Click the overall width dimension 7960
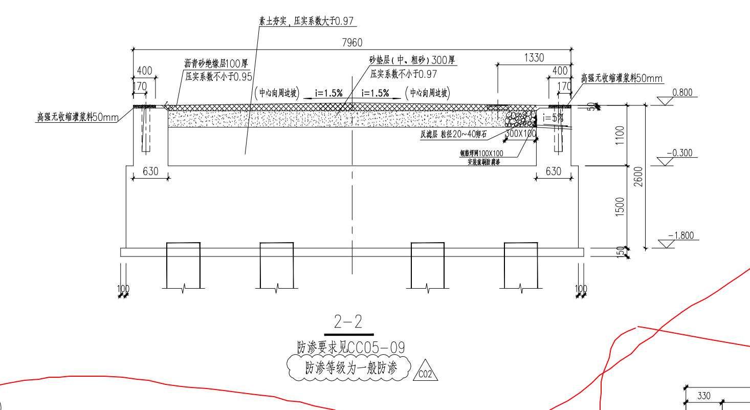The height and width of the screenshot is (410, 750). [351, 43]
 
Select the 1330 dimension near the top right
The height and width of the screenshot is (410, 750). [534, 58]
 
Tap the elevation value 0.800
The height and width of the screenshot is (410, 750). [682, 93]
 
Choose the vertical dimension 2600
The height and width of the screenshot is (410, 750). [638, 177]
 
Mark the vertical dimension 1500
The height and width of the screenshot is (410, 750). [621, 207]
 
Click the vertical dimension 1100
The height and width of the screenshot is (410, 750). [621, 136]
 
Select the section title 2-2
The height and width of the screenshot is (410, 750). [348, 321]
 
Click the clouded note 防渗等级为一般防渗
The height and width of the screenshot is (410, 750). [350, 369]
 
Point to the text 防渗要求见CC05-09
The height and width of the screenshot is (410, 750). [351, 348]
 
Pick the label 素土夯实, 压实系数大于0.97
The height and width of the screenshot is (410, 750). [306, 21]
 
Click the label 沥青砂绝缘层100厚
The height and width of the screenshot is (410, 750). [216, 64]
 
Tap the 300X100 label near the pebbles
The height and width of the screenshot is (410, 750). [520, 134]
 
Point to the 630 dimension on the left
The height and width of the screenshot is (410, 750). [150, 171]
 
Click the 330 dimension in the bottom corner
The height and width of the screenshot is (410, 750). [704, 396]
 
